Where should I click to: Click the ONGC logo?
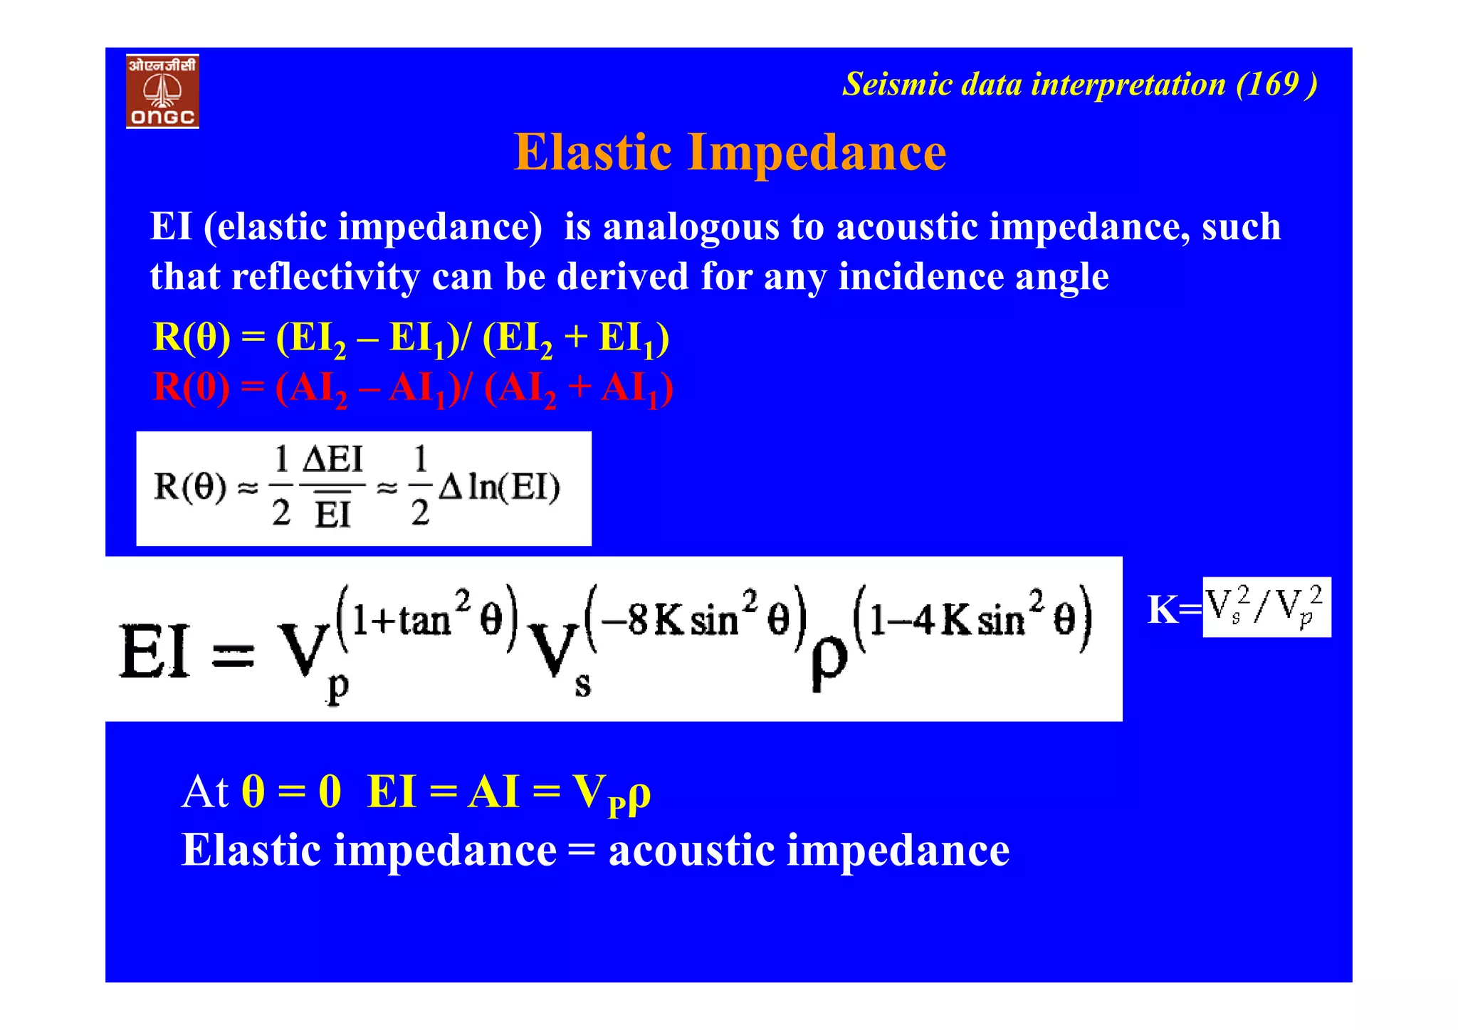coord(162,91)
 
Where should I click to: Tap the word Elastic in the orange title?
coord(592,152)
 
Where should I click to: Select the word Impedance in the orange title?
coord(817,152)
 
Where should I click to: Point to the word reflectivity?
coord(325,277)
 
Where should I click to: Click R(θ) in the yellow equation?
coord(192,337)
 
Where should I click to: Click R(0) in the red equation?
coord(192,388)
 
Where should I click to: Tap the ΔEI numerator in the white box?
coord(332,460)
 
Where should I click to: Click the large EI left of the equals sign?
coord(155,651)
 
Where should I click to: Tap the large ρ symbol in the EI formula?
coord(829,661)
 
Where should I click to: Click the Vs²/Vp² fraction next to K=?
coord(1266,607)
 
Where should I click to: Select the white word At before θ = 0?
coord(204,792)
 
